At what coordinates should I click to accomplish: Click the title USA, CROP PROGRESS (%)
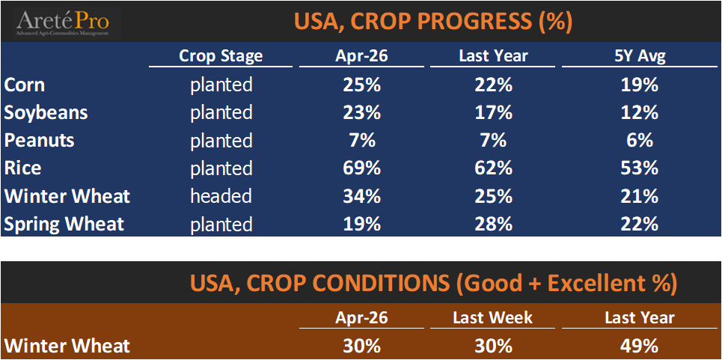click(x=434, y=21)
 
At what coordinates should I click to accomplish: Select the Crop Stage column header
click(x=221, y=56)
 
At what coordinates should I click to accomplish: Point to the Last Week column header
click(x=492, y=317)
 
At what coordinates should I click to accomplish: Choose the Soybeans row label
click(x=46, y=112)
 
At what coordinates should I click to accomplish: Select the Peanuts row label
click(x=39, y=140)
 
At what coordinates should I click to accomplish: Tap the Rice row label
click(x=22, y=168)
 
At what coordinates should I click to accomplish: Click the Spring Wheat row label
click(x=64, y=223)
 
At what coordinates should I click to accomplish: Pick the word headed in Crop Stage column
click(x=221, y=196)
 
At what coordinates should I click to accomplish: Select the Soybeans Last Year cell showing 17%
click(x=494, y=112)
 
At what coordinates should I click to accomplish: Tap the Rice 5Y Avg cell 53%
click(x=640, y=168)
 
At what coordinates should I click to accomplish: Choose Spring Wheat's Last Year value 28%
click(x=494, y=223)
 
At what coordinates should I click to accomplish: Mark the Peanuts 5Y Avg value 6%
click(x=640, y=140)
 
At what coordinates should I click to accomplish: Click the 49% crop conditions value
click(x=640, y=346)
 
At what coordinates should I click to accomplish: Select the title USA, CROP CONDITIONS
click(x=434, y=283)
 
